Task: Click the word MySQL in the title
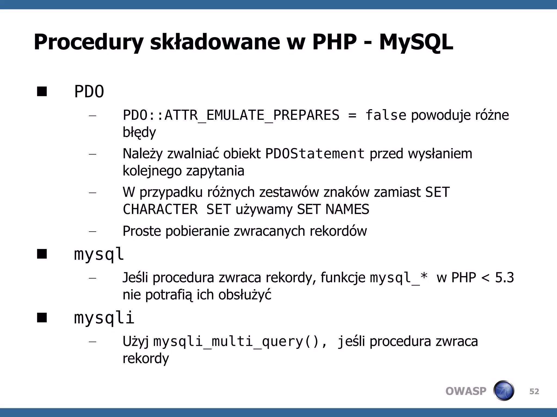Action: pos(416,43)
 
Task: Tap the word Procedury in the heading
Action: pos(88,43)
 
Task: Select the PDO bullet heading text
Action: pos(89,91)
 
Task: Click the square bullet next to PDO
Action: pos(42,91)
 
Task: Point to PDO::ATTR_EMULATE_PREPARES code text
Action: pos(231,115)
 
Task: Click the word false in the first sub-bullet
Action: pos(386,115)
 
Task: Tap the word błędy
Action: pos(139,132)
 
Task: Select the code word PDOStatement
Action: pos(315,154)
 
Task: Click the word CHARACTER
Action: pos(160,209)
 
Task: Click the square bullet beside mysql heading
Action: pos(42,254)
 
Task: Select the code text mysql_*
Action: pos(399,278)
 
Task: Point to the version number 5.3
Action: pos(504,278)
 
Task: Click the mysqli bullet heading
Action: pos(104,318)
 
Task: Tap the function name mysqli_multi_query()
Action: pos(236,342)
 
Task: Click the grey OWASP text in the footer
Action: pos(466,391)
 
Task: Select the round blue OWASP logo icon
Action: pos(503,391)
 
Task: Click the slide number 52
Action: pos(534,391)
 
